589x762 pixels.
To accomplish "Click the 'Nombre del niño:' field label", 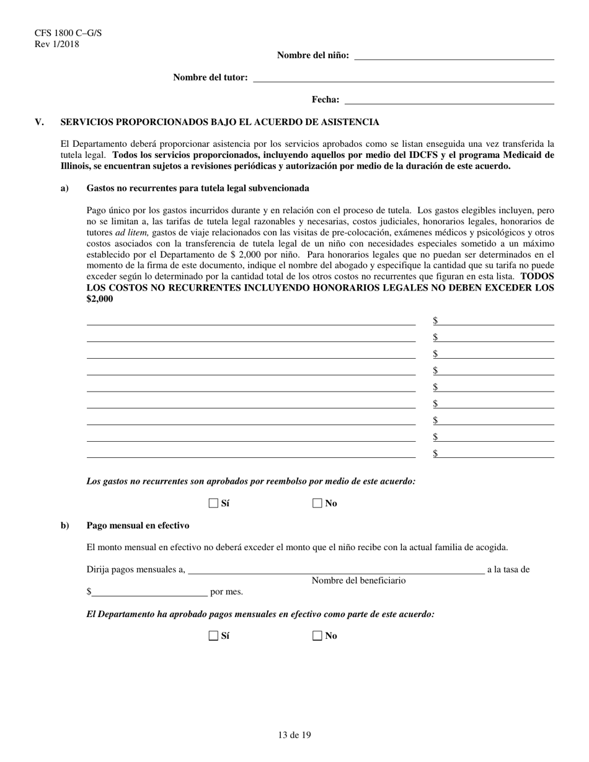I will point(312,55).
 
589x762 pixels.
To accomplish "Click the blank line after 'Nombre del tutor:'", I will point(404,78).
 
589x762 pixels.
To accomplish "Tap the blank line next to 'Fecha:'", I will point(449,100).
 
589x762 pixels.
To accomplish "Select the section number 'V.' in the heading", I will point(40,122).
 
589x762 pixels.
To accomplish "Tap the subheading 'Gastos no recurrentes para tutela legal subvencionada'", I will point(198,188).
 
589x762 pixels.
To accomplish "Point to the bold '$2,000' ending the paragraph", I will point(100,299).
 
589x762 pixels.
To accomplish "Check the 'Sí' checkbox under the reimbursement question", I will point(214,503).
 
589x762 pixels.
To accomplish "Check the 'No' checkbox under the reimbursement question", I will point(317,503).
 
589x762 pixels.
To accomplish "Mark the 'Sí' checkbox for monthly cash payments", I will point(214,635).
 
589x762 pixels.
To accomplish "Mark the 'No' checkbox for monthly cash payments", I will point(317,635).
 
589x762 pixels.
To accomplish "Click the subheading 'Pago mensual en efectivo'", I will point(138,525).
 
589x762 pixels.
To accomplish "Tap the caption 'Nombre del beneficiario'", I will point(358,580).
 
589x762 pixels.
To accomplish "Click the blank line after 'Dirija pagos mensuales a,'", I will point(335,571).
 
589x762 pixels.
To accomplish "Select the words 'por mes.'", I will point(227,592).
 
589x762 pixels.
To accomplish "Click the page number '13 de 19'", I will point(294,735).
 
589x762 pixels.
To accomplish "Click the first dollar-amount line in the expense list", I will point(496,321).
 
